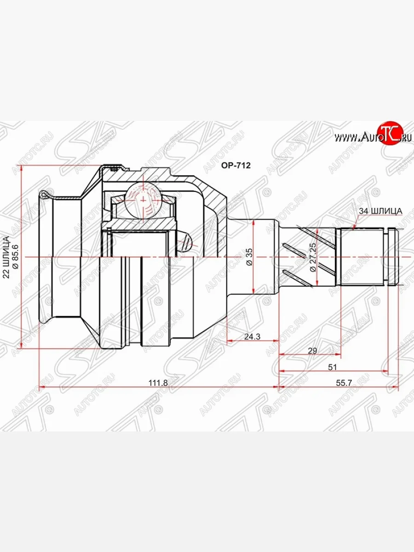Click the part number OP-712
pos(236,165)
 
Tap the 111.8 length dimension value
pos(158,383)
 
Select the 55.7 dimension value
pos(344,383)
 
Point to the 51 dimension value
pos(332,367)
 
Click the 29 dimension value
pos(312,351)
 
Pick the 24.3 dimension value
pos(252,336)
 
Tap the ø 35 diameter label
pos(249,257)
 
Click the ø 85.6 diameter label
pos(15,257)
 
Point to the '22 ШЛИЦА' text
pos(6,257)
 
